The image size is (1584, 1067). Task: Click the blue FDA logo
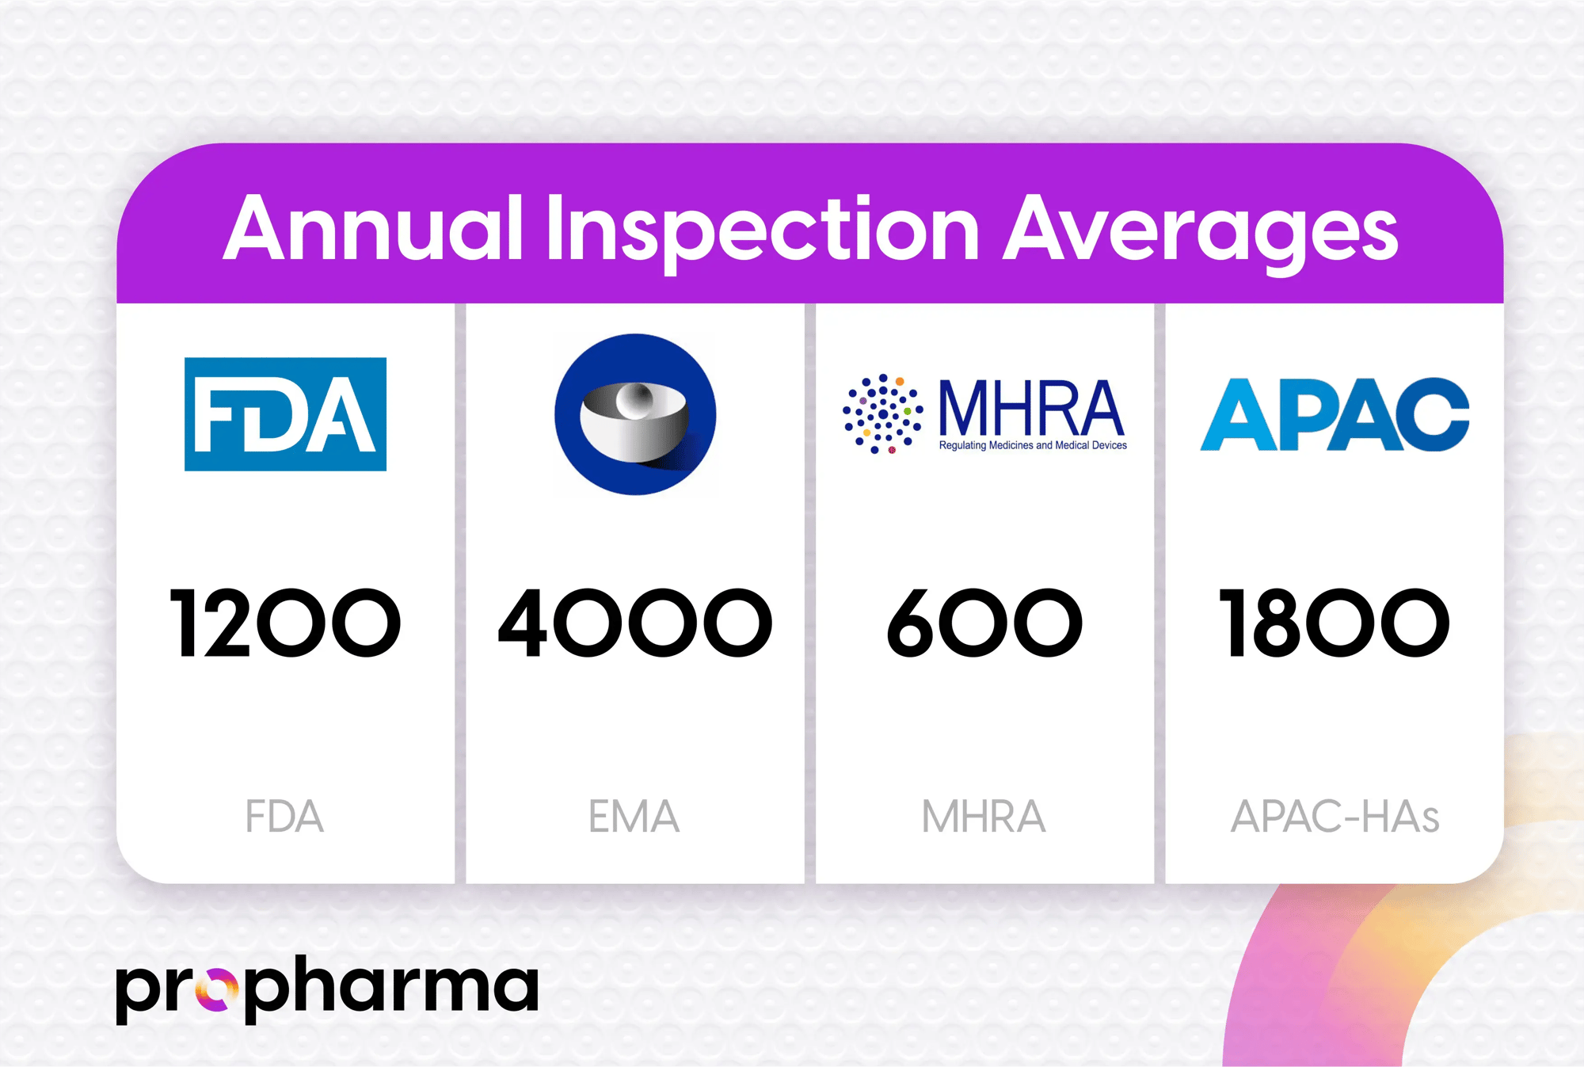click(x=285, y=414)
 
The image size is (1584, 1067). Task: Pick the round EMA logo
click(x=635, y=414)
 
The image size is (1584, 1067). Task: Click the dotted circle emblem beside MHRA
click(x=882, y=413)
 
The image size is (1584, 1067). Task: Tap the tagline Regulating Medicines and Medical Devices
click(x=1033, y=446)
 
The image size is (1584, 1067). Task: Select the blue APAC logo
click(x=1335, y=414)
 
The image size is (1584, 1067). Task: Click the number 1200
click(x=285, y=623)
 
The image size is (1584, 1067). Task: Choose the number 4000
click(x=635, y=623)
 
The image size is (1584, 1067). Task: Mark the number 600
click(x=984, y=623)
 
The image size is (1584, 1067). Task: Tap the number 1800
click(x=1335, y=623)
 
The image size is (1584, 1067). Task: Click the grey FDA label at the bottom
click(x=284, y=817)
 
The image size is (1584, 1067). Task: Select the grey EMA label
click(x=634, y=817)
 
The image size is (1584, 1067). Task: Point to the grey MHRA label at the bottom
click(x=984, y=817)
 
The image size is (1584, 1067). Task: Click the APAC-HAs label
click(x=1335, y=817)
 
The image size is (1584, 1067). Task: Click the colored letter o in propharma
click(x=216, y=989)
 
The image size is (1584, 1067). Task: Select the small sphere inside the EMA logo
click(x=634, y=400)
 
